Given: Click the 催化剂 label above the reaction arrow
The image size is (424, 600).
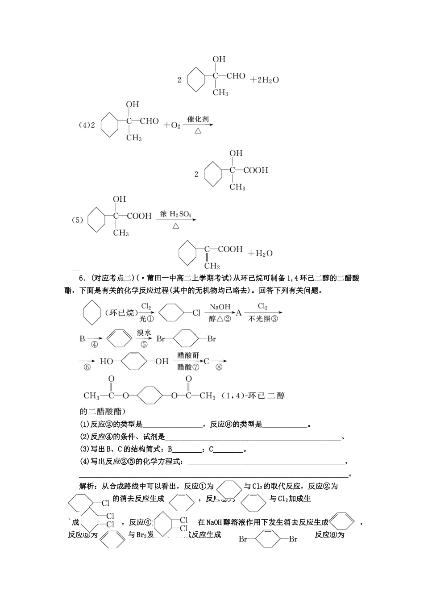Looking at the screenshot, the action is [x=198, y=120].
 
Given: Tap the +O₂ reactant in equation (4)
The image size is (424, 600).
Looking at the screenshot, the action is [x=172, y=125].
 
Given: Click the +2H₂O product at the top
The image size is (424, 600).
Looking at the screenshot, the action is [x=265, y=80].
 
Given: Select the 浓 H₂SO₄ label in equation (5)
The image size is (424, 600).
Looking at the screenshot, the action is [x=175, y=215].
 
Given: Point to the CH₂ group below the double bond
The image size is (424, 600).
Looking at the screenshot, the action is [x=212, y=266].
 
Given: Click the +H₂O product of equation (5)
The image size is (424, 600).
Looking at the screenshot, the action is [x=260, y=254].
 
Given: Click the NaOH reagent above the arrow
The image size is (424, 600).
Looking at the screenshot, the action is [x=220, y=307].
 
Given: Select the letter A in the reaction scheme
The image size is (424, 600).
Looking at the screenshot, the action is [x=239, y=313].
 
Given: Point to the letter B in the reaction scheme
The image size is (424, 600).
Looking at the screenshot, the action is [x=82, y=338].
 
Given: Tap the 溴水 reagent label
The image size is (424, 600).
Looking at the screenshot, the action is [x=144, y=333].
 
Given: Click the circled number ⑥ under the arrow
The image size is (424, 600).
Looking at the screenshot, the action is [x=87, y=367].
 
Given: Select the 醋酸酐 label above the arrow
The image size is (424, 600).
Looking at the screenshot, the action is [x=188, y=355].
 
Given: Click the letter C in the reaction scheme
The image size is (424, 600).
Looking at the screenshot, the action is [x=207, y=361].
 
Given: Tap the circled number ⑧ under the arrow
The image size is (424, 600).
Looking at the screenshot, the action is [x=219, y=367].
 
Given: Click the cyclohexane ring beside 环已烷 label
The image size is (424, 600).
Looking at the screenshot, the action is [x=92, y=313].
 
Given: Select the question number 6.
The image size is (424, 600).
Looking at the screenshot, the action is [x=81, y=278].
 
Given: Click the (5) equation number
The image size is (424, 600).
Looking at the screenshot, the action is [x=78, y=220].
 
